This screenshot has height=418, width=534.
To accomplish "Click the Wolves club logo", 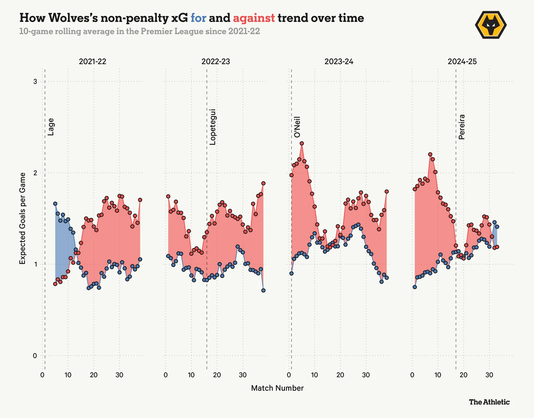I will point(490,25).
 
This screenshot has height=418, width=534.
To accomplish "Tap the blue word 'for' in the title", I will point(198,18).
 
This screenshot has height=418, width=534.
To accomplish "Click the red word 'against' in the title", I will point(253,18).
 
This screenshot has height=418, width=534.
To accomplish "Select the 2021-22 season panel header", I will point(93,61).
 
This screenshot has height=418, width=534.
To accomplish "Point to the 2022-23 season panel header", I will point(216,61).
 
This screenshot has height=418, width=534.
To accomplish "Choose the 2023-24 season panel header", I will point(339,61).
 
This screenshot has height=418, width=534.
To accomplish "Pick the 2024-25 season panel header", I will point(462,61).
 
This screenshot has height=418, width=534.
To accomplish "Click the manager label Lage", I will point(51,127).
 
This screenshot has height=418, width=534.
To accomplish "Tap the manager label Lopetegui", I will point(213,127).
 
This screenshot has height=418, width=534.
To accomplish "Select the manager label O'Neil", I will point(297,127).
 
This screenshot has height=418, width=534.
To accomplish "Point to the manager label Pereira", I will point(462,127).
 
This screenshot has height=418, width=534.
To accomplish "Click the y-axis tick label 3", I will point(35,82).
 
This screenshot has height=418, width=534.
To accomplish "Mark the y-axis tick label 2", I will point(35,173).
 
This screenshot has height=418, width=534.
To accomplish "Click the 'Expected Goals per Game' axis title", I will point(23,218).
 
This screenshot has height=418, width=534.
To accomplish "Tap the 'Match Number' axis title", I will point(277,388).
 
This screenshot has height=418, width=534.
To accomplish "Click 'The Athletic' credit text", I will point(489,402).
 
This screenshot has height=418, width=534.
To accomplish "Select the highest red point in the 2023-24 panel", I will point(302,144).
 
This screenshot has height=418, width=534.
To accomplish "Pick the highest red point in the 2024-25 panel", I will point(430,154).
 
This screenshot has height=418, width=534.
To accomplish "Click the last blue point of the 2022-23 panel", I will point(263,290).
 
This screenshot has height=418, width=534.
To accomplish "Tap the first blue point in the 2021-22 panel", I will point(55,204).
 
